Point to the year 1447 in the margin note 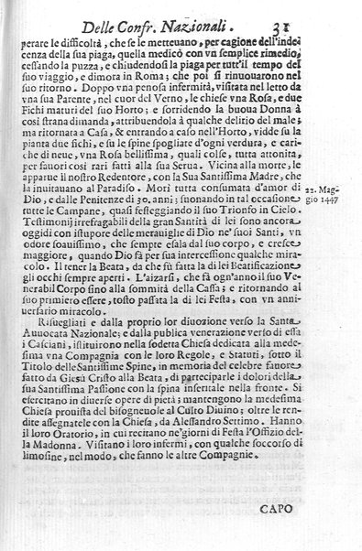(346, 221)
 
